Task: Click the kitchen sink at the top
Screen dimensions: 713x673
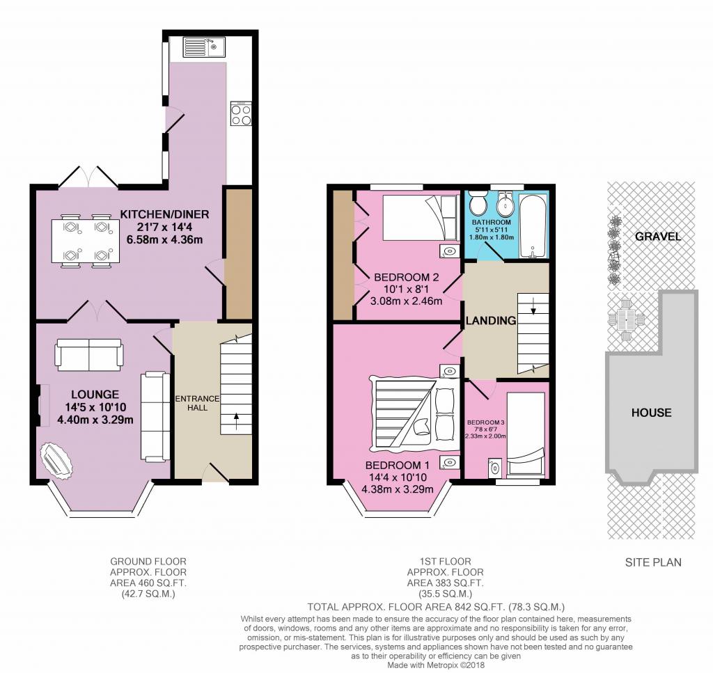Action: [204, 47]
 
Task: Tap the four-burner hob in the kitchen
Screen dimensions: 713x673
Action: [241, 113]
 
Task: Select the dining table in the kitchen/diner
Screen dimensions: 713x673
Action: [86, 241]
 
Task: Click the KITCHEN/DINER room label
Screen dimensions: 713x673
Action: [164, 214]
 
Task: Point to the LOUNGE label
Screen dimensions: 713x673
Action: [95, 395]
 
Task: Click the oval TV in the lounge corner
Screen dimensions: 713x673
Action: [56, 461]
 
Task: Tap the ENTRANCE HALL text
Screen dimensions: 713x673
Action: [198, 403]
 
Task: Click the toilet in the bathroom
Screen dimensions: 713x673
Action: [478, 204]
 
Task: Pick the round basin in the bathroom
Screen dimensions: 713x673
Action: [504, 205]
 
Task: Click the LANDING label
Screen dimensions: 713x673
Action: [491, 320]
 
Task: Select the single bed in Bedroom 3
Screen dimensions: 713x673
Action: [526, 434]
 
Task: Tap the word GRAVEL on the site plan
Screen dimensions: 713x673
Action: [658, 237]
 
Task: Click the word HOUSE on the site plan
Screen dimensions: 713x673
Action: [651, 413]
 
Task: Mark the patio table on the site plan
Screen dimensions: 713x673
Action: [627, 320]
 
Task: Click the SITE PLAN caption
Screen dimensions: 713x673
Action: [653, 562]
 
